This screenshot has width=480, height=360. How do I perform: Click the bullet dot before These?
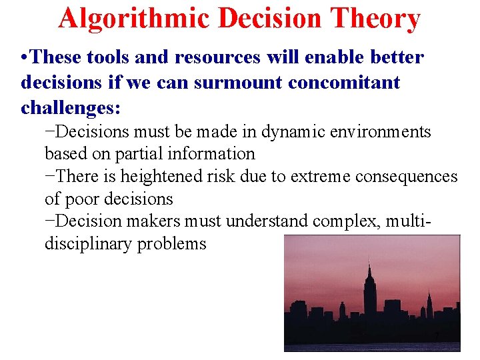(25, 58)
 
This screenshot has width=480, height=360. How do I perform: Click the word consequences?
(409, 177)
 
